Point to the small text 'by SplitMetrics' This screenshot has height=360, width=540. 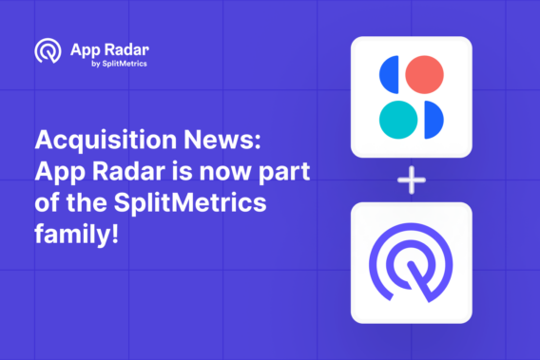(120, 65)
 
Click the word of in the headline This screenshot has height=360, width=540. (47, 202)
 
